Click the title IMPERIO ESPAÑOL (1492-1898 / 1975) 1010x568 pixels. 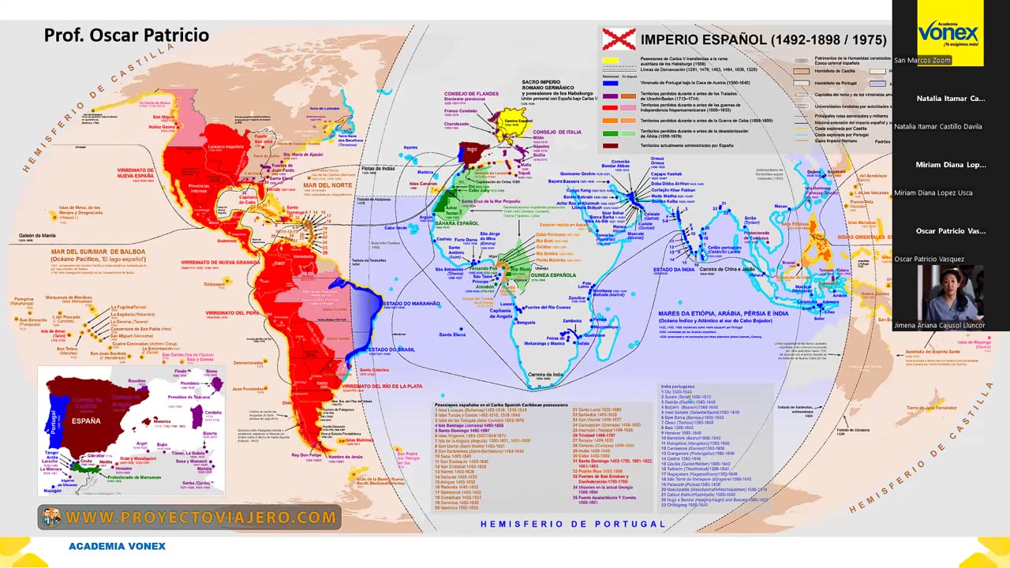pos(763,39)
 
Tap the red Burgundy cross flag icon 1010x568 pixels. pos(618,39)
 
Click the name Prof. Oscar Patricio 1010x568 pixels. pos(126,35)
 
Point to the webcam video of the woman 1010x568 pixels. pos(950,293)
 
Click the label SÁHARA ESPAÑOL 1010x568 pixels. pos(456,223)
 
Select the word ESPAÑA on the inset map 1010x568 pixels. pos(86,421)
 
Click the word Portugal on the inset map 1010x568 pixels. pos(53,430)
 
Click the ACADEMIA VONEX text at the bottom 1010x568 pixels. pos(117,546)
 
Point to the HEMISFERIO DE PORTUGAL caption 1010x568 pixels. pos(573,524)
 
